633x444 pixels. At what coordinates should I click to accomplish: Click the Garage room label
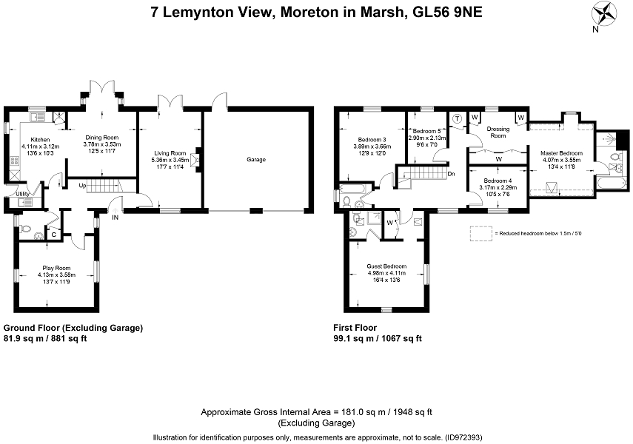pos(256,159)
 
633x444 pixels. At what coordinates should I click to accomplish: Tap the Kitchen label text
pos(41,140)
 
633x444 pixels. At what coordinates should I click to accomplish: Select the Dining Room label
pos(101,137)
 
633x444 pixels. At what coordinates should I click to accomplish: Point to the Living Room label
pos(170,153)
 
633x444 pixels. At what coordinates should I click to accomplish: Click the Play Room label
pos(56,268)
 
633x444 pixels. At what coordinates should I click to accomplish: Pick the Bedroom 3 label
pos(372,140)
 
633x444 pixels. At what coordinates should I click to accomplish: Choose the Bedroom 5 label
pos(426,131)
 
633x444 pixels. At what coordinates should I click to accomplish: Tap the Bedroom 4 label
pos(498,181)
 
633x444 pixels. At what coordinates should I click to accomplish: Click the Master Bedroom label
pos(561,153)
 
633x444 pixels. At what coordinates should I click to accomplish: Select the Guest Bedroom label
pos(386,266)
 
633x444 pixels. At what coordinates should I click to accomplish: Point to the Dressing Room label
pos(498,132)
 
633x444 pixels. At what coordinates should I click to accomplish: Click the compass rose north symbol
pos(604,16)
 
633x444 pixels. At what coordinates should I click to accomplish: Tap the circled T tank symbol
pos(457,118)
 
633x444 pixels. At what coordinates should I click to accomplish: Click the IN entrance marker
pos(115,217)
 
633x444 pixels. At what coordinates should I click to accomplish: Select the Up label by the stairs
pos(82,186)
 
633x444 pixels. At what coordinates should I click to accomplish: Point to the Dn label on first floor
pos(452,174)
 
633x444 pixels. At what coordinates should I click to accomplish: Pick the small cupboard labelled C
pos(54,234)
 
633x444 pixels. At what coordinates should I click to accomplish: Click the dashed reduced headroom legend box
pos(480,234)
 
